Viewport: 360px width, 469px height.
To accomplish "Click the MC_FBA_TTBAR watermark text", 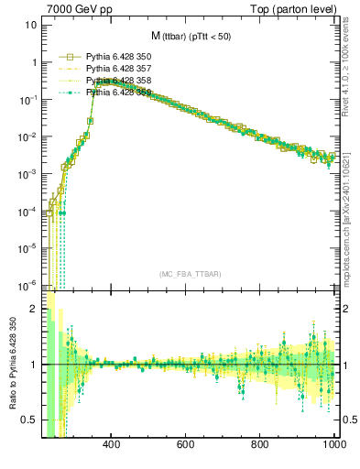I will (190, 274).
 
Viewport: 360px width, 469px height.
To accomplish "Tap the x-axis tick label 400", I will (112, 445).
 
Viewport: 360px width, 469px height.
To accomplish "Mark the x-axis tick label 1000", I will (333, 445).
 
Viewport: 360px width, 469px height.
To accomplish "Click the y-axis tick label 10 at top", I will (31, 25).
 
